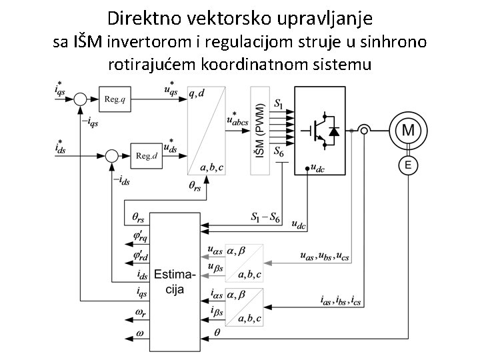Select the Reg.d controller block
(146, 155)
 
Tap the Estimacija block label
(175, 281)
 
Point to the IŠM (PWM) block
(259, 130)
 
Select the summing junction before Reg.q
(80, 99)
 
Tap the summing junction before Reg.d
(112, 155)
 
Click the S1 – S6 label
(265, 217)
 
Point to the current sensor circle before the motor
(364, 130)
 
